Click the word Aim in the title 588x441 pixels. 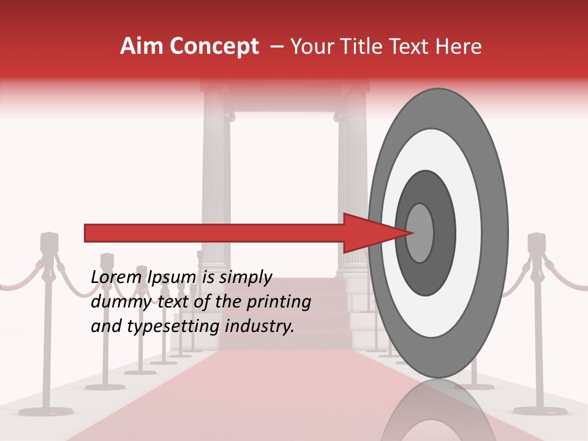pyautogui.click(x=142, y=47)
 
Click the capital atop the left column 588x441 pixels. pyautogui.click(x=214, y=89)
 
